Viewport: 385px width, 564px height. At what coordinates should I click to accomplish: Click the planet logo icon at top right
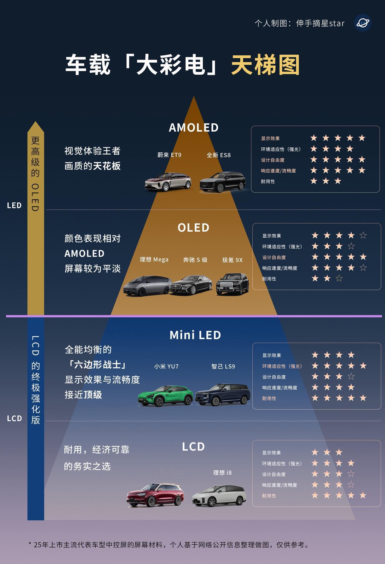[363, 23]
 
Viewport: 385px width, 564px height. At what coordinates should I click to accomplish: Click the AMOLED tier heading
[193, 128]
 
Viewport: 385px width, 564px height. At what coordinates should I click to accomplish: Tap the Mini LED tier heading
[195, 335]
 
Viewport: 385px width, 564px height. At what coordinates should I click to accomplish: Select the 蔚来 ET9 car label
[169, 155]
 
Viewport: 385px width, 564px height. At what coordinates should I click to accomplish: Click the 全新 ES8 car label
[219, 155]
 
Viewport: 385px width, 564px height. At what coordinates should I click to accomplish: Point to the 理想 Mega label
[154, 260]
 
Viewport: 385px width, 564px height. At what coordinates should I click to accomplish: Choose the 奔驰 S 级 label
[195, 260]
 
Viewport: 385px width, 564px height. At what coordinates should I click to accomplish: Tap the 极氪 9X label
[232, 260]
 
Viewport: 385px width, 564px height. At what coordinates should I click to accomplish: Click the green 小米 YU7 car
[166, 395]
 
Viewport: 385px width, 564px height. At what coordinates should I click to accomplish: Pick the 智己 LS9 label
[223, 366]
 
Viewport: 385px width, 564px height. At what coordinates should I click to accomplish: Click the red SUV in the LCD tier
[155, 495]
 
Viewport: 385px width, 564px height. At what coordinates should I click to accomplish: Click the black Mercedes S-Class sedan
[191, 285]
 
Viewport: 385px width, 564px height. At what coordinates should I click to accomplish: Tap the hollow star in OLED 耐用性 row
[339, 279]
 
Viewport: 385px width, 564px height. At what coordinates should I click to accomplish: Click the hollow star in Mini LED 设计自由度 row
[351, 377]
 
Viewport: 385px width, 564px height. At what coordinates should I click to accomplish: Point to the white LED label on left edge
[14, 205]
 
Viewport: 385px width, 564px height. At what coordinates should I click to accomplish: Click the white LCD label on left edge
[14, 418]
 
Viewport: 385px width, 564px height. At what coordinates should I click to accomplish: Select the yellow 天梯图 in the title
[265, 65]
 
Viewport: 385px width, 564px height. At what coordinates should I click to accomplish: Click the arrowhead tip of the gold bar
[35, 123]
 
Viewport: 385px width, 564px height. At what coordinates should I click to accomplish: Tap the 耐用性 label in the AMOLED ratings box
[268, 181]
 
